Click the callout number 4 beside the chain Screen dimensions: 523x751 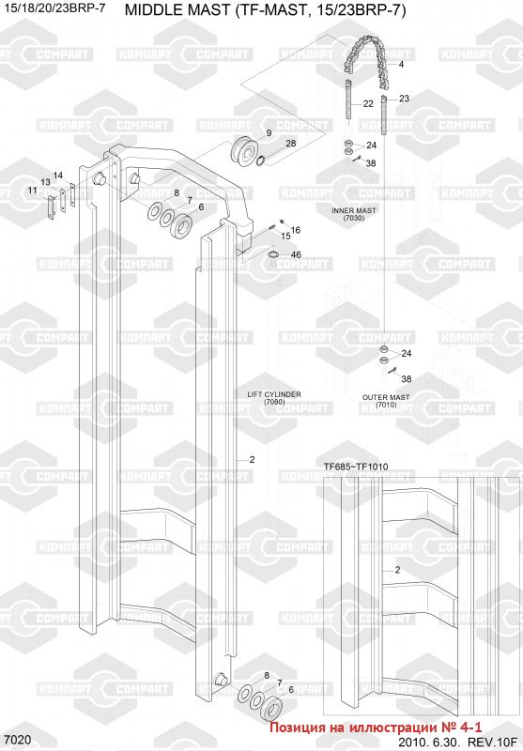click(401, 64)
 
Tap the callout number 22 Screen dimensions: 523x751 click(368, 103)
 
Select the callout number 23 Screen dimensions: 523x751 click(405, 99)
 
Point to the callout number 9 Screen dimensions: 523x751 click(269, 132)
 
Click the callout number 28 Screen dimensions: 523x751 click(291, 144)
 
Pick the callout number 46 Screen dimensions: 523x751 click(296, 254)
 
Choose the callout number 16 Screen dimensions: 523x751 click(296, 230)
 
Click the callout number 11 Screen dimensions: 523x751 click(32, 191)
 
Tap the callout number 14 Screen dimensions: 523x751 click(58, 176)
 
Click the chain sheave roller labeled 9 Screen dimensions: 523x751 click(244, 149)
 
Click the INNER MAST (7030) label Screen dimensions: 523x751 click(354, 214)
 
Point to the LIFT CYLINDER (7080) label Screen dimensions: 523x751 click(274, 398)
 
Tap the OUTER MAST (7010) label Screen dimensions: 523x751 click(386, 401)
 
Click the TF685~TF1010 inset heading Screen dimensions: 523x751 click(356, 467)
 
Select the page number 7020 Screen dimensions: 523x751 click(17, 740)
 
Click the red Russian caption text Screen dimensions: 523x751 click(376, 727)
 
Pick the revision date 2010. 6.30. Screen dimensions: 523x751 click(429, 742)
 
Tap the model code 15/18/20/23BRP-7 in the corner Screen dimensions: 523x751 click(54, 8)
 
